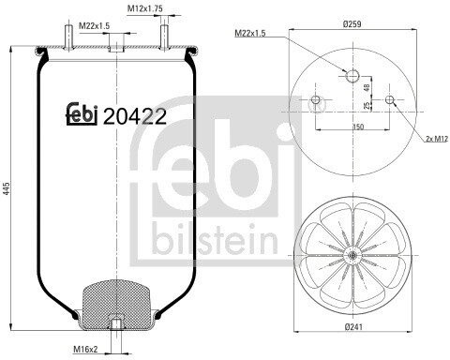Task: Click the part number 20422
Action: point(134,116)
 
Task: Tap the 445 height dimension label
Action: point(7,188)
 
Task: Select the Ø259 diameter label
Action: point(352,23)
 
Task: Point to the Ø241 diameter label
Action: point(353,326)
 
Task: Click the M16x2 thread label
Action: point(85,349)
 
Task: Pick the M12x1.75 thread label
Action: point(145,8)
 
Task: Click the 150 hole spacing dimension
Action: point(358,127)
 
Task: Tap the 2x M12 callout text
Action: point(437,139)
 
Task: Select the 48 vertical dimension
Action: point(367,87)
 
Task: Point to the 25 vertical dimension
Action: point(367,106)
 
